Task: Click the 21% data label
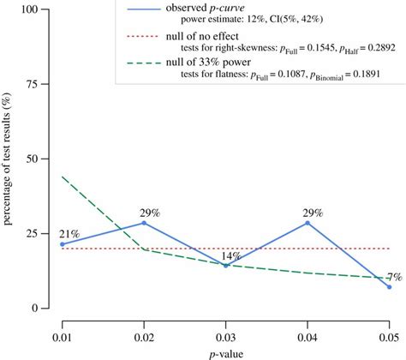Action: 69,232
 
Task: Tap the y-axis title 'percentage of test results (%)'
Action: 9,159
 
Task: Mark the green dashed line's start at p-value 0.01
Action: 62,177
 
